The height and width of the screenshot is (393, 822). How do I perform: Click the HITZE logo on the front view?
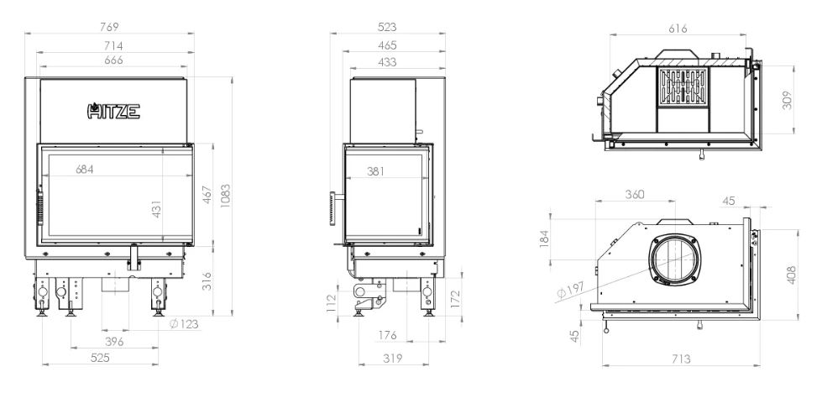[x=113, y=111]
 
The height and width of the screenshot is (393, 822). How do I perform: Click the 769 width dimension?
[x=109, y=27]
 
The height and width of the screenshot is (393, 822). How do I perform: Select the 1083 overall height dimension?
[x=225, y=196]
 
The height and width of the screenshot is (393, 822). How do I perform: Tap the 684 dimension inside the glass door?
[x=85, y=170]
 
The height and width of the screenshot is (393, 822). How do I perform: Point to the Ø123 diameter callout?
[x=185, y=324]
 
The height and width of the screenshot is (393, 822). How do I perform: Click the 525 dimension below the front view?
[x=100, y=358]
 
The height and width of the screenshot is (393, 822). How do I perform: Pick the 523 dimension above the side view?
[x=387, y=27]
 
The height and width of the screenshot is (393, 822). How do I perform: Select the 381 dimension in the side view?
[x=375, y=170]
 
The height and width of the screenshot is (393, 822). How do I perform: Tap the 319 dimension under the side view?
[x=393, y=359]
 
